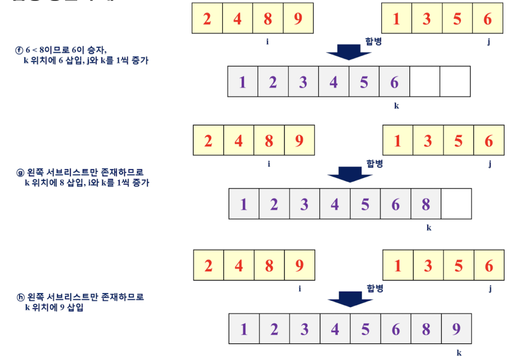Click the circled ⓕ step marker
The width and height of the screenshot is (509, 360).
click(x=20, y=50)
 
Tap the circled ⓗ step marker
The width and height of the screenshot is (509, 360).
click(x=20, y=297)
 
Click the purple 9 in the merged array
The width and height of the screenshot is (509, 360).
click(x=456, y=329)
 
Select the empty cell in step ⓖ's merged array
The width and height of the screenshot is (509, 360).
click(x=456, y=204)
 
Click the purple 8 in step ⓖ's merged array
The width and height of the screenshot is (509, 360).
click(x=426, y=204)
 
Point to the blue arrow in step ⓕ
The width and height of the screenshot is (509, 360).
click(x=349, y=51)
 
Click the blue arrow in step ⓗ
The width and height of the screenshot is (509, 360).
click(x=350, y=299)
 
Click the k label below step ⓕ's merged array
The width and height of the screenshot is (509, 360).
click(x=396, y=105)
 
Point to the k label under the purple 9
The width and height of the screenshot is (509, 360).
click(x=459, y=353)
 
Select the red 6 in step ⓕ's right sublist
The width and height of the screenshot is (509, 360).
click(x=488, y=19)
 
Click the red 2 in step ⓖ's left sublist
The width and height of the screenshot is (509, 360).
click(x=208, y=140)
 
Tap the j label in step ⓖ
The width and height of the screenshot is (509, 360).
click(x=489, y=164)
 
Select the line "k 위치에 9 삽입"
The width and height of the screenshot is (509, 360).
click(x=54, y=307)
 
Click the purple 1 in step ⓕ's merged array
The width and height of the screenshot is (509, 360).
click(x=242, y=82)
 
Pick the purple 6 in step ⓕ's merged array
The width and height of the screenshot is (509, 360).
click(x=394, y=82)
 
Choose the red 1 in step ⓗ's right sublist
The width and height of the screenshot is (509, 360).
click(x=398, y=266)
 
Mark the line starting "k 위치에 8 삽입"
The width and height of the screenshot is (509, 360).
click(x=87, y=183)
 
